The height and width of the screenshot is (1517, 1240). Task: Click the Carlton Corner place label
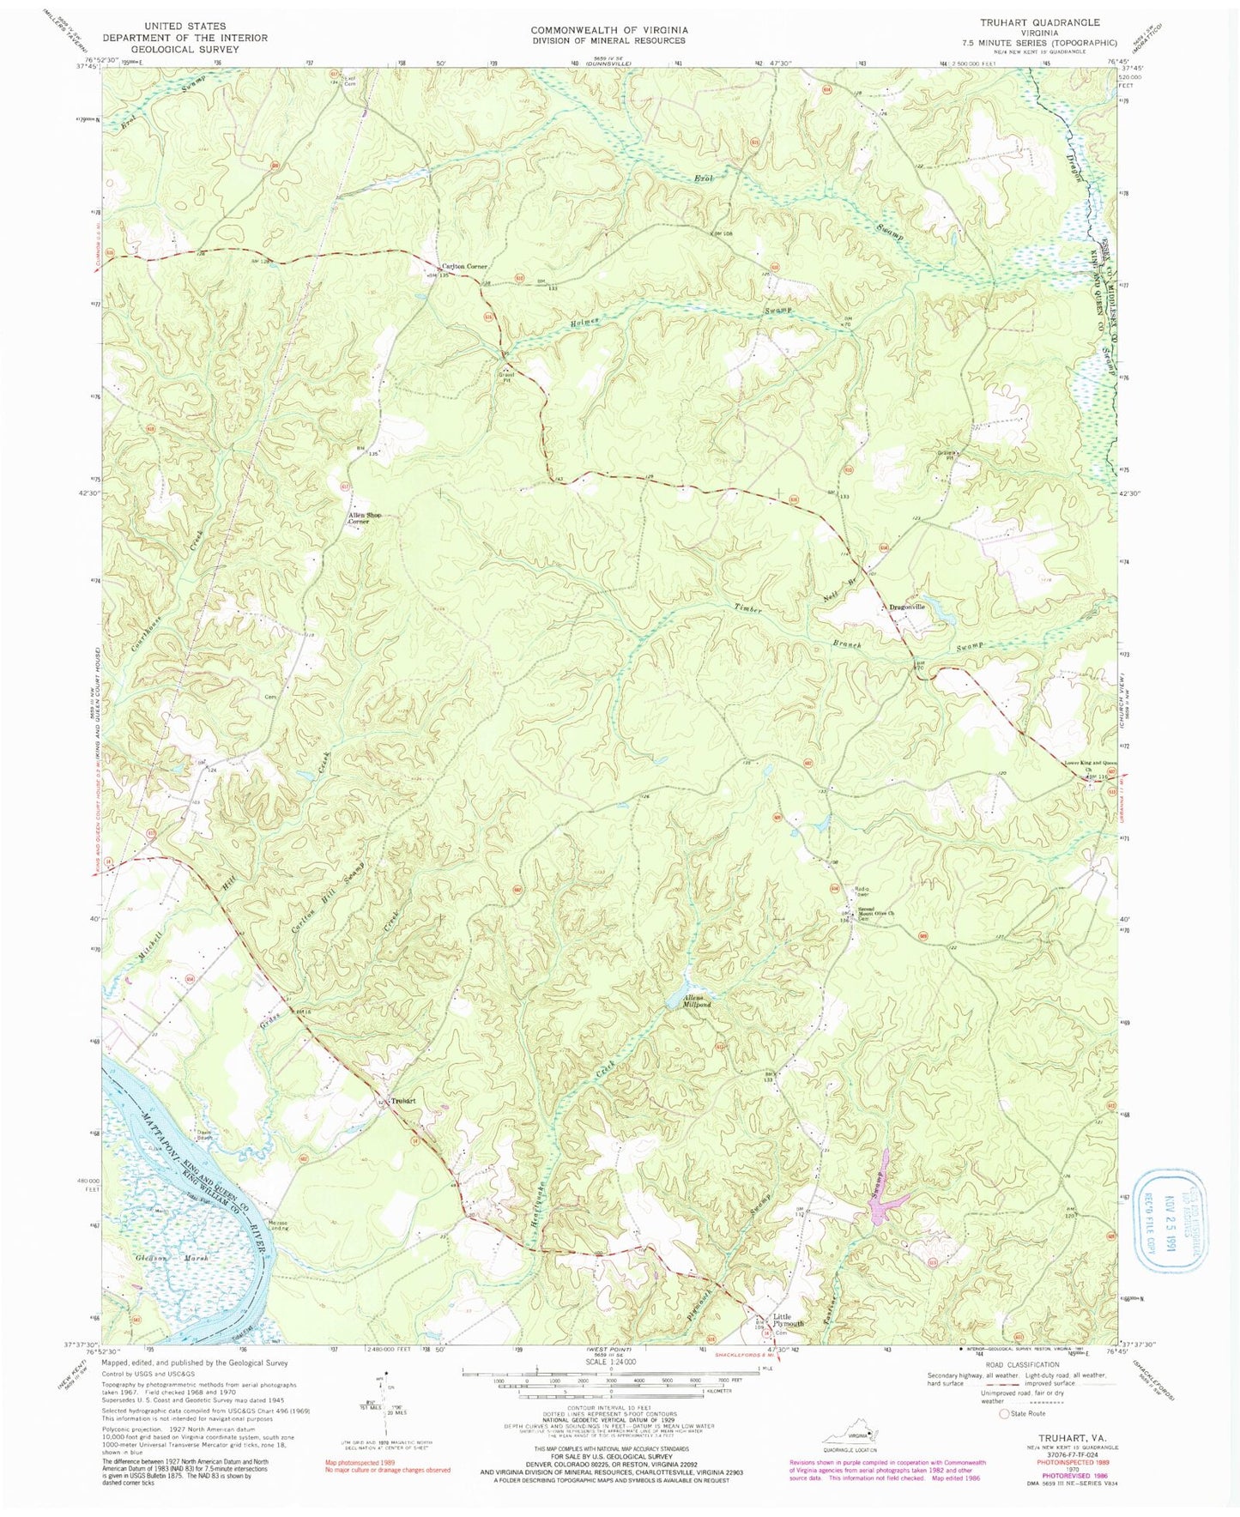(463, 266)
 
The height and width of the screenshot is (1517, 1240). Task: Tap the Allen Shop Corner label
(360, 518)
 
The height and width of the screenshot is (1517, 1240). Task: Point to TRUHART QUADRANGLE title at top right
(1043, 22)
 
